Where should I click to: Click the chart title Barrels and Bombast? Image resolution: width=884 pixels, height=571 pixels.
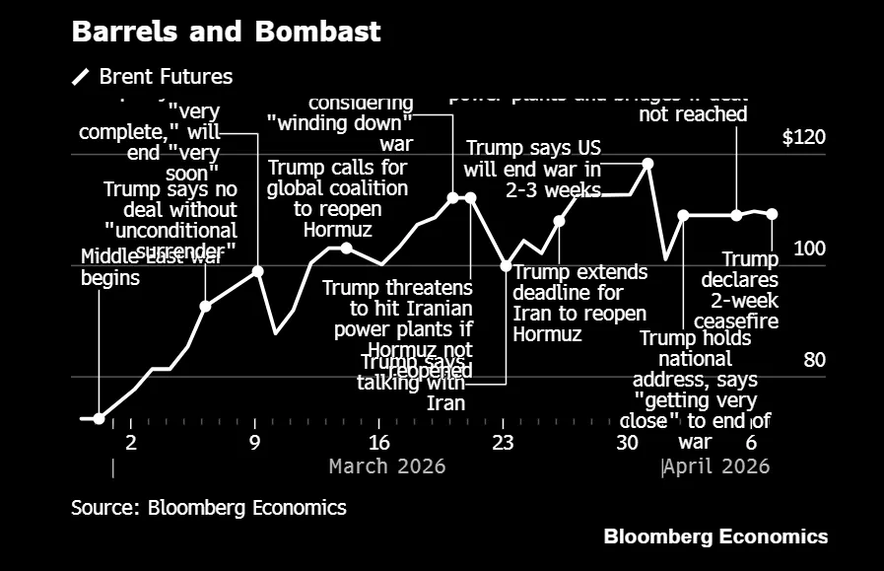226,32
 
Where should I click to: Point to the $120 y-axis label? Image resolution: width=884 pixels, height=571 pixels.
803,138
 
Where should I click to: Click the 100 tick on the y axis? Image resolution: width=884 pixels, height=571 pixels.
809,250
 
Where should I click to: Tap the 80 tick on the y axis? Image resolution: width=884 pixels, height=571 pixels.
813,360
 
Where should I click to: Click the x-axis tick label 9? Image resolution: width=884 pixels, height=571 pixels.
255,442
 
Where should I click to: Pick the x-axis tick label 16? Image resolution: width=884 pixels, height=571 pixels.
378,442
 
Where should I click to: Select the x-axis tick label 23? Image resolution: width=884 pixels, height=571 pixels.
503,442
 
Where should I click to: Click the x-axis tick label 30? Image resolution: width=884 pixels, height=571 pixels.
627,442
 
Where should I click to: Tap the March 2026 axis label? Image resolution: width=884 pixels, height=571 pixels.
387,465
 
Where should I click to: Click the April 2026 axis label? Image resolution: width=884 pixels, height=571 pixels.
715,465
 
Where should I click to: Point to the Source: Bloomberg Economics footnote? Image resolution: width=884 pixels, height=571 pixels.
208,508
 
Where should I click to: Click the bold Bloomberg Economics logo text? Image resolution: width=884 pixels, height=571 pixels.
715,536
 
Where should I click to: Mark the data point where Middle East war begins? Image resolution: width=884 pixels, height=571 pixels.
99,419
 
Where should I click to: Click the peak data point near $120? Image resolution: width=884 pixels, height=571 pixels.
647,164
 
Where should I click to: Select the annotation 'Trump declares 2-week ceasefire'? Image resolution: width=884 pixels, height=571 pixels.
739,290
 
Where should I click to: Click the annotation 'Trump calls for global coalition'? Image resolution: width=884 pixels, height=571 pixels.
337,198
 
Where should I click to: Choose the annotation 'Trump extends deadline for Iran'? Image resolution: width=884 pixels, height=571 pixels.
579,303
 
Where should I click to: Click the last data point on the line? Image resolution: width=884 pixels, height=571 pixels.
772,214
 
